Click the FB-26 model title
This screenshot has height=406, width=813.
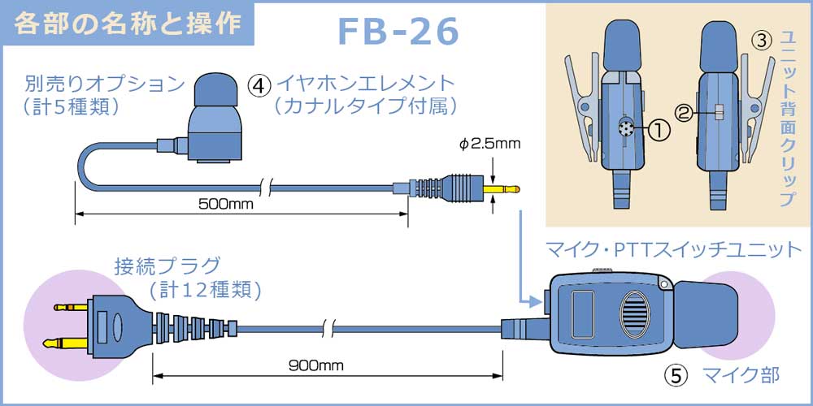pos(398,31)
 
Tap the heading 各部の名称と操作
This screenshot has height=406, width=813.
pos(128,24)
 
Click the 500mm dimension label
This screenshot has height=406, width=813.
pos(226,204)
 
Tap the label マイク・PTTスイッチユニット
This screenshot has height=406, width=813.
pos(674,249)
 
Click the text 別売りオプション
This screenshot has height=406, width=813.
pos(105,83)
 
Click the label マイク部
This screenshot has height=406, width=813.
pos(741,375)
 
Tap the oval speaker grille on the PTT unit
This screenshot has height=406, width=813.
pos(635,312)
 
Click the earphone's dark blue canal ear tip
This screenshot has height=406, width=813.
pos(215,92)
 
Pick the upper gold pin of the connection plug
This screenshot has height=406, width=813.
pos(71,307)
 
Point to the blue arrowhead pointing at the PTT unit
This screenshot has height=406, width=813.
pos(533,299)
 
